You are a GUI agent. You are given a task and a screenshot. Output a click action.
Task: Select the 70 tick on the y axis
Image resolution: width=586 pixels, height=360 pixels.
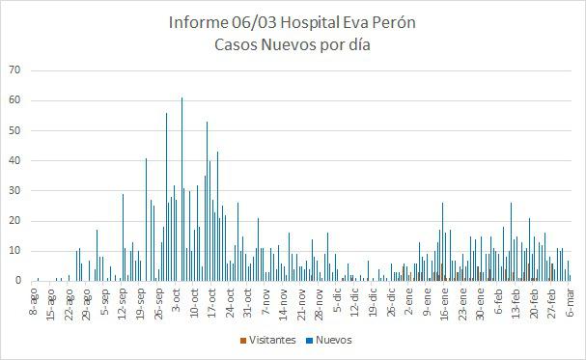[x=14, y=69]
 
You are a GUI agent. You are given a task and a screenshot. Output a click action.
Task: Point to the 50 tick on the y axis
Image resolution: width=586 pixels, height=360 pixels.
[x=14, y=130]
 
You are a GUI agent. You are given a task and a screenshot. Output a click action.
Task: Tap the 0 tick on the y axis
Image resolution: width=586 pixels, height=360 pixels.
[x=17, y=281]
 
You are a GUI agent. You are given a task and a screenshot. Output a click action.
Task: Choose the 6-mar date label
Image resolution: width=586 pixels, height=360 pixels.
[x=569, y=299]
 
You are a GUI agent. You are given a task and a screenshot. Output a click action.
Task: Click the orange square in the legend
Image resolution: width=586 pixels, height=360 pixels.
[x=241, y=340]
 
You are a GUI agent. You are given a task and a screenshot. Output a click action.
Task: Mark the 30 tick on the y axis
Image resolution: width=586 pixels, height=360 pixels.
[x=14, y=190]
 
